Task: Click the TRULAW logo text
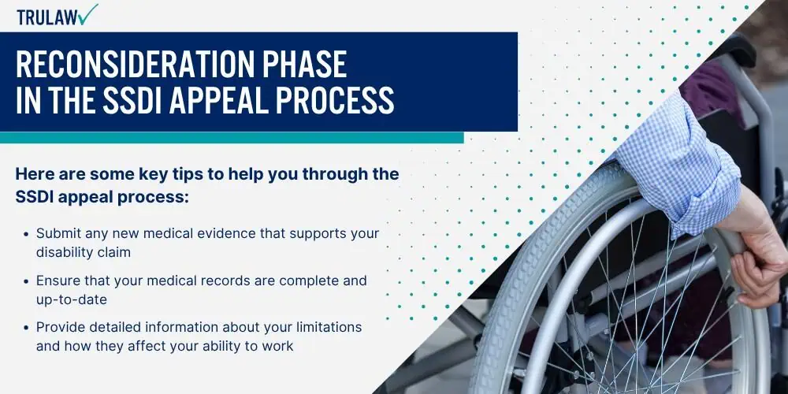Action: pyautogui.click(x=46, y=17)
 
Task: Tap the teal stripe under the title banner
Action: pyautogui.click(x=232, y=137)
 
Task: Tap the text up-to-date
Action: pyautogui.click(x=72, y=299)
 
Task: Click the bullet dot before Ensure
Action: pyautogui.click(x=26, y=281)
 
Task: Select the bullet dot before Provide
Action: pyautogui.click(x=26, y=328)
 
